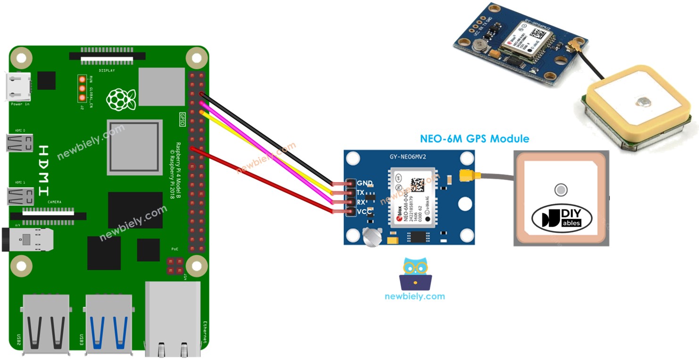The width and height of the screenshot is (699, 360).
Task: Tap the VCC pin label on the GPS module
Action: click(364, 212)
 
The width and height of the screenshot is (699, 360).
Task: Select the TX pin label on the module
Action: click(360, 193)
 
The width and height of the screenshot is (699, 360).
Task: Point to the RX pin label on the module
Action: click(360, 202)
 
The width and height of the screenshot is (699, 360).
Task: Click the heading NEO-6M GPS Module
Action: click(474, 139)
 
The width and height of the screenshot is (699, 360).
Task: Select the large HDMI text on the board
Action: click(43, 170)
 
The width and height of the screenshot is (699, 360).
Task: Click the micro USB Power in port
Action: click(19, 87)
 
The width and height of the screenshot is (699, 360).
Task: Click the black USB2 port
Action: click(46, 323)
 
